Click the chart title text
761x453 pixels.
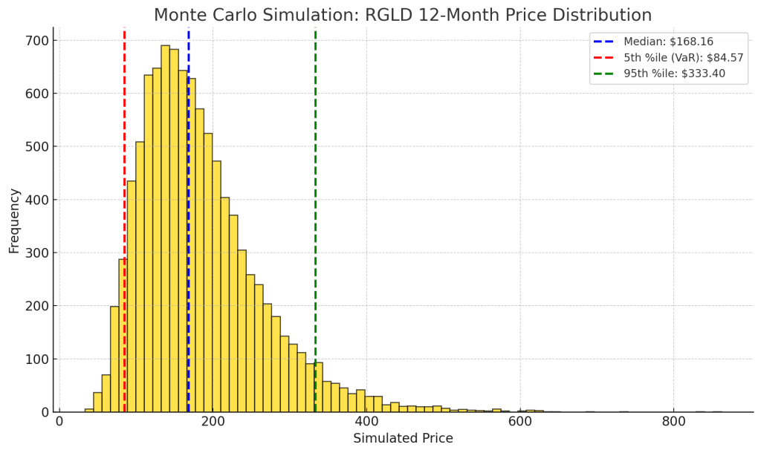tap(402, 15)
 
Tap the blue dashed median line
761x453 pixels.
tap(189, 223)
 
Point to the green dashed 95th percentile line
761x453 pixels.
tap(315, 186)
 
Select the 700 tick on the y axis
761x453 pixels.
tap(37, 40)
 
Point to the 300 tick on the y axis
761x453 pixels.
tap(37, 252)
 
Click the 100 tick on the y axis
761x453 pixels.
tap(37, 359)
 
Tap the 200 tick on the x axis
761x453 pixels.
tap(213, 423)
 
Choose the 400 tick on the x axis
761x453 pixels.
tap(366, 423)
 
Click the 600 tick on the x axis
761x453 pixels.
tap(520, 423)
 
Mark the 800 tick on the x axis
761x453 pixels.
tap(673, 423)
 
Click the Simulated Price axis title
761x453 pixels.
tap(403, 438)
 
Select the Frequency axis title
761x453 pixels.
tap(14, 221)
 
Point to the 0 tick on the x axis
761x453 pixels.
tap(59, 423)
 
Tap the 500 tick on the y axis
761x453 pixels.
tap(37, 146)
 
